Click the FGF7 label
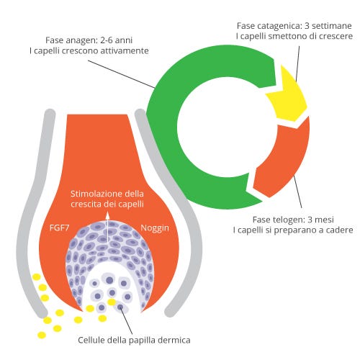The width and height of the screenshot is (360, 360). (59, 228)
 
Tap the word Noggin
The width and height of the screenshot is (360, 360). (155, 228)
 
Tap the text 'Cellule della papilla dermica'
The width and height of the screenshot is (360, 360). (134, 340)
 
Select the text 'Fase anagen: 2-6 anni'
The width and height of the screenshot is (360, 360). (89, 40)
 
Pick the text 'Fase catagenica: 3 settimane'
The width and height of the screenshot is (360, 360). (294, 26)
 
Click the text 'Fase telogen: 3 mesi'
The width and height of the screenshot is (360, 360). (293, 220)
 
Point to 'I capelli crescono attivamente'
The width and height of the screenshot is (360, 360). (89, 51)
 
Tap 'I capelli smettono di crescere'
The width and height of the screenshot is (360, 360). (294, 36)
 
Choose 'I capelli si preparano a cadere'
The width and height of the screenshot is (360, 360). (293, 230)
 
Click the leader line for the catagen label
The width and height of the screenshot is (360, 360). (297, 64)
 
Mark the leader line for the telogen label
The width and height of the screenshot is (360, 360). (298, 192)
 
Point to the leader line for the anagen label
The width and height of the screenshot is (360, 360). (122, 74)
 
